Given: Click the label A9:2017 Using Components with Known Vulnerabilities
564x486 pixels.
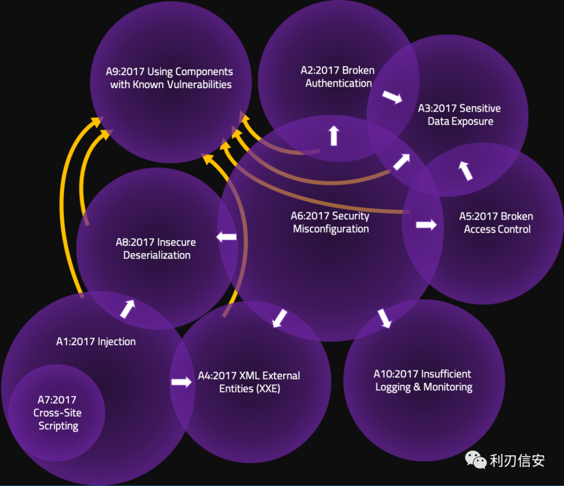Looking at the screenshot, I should click(171, 78).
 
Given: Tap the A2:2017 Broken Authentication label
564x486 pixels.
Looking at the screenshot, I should click(338, 76).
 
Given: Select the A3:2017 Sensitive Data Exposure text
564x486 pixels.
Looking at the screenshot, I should click(460, 115).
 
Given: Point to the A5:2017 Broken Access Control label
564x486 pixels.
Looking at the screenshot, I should click(497, 222).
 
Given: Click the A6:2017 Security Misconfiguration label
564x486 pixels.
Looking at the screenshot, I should click(331, 222).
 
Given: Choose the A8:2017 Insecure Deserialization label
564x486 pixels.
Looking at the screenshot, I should click(156, 248).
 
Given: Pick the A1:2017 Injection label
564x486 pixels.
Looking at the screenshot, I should click(96, 342).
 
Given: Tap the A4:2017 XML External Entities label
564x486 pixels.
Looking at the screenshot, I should click(249, 382).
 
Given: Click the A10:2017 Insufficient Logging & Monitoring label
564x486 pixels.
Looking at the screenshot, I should click(424, 381).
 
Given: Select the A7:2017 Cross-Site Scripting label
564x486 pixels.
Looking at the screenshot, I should click(58, 413).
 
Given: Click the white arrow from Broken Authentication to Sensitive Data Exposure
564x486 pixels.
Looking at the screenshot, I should click(392, 97).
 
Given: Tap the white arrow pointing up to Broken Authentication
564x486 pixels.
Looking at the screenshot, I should click(334, 135).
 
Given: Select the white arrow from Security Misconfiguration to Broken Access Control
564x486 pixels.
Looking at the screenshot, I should click(426, 225).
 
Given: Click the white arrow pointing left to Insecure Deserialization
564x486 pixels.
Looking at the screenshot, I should click(227, 236).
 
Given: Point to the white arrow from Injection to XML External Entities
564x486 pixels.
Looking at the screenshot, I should click(181, 382).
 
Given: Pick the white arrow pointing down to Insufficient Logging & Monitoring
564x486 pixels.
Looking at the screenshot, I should click(384, 318).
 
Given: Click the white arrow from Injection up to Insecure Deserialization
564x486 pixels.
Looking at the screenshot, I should click(128, 308).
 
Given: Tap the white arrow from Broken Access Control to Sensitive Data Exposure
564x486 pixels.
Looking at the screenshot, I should click(465, 170).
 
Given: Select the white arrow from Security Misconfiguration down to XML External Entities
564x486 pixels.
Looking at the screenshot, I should click(280, 317).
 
